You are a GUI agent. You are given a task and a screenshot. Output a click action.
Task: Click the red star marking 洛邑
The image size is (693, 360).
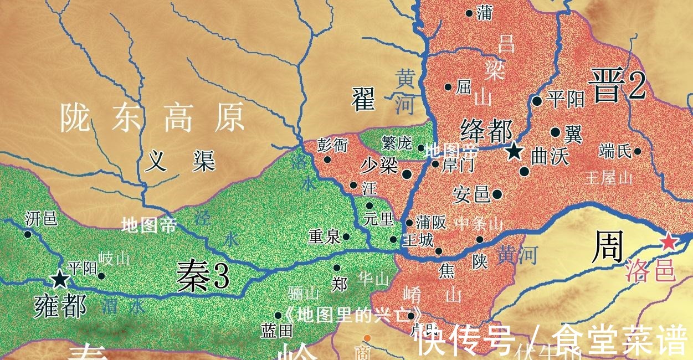tap(669, 241)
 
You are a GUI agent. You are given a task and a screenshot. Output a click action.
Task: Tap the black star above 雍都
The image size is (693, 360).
tap(59, 279)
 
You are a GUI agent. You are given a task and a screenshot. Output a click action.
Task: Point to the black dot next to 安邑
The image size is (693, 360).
tap(497, 194)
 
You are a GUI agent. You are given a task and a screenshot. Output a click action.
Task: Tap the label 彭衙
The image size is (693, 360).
tap(332, 145)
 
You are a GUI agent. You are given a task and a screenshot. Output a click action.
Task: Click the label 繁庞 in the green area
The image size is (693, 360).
tap(397, 143)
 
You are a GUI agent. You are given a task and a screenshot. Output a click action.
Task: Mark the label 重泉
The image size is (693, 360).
tap(324, 237)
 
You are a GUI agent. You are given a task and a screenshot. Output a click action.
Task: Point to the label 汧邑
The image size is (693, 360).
tap(41, 219)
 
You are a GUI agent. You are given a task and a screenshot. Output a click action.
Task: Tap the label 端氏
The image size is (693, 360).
tap(615, 151)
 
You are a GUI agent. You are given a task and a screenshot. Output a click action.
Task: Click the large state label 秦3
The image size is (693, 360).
tap(202, 275)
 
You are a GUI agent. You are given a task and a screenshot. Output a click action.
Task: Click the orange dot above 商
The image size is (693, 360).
tap(367, 337)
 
